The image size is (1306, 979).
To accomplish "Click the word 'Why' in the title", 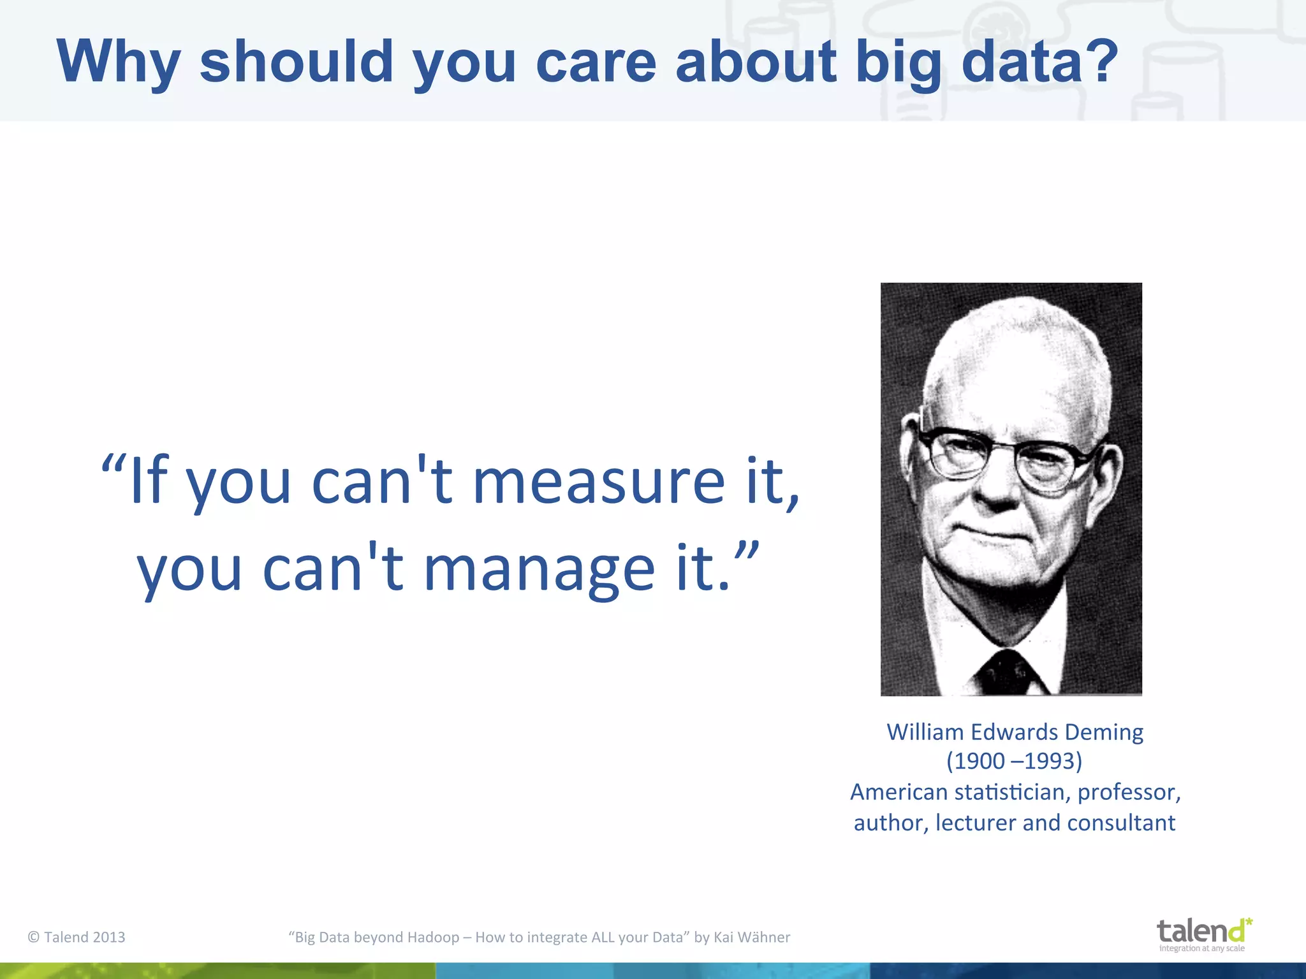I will click(x=119, y=62).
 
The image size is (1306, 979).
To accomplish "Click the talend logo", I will click(x=1203, y=932).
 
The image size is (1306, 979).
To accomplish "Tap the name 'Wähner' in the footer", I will click(x=763, y=937).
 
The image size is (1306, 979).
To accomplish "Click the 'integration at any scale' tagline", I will click(x=1201, y=948).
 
